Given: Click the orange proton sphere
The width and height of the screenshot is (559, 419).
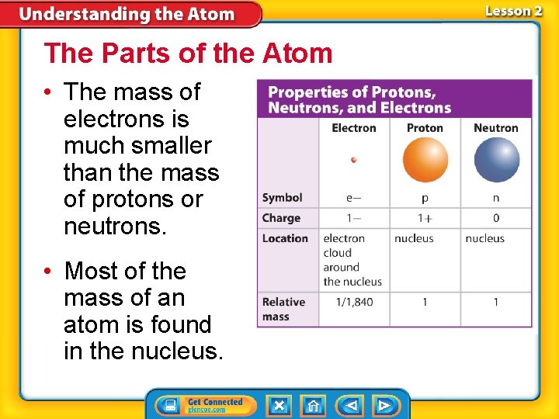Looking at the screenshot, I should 425,160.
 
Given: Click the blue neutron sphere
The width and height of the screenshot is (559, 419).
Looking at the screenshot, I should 496,160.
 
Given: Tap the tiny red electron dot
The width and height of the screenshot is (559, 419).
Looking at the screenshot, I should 354,160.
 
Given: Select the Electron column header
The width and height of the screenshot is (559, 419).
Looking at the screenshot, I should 354,128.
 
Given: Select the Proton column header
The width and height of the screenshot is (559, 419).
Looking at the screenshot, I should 425,128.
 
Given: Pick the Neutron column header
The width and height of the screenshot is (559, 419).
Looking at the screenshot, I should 496,128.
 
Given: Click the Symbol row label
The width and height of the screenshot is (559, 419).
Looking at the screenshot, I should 283,198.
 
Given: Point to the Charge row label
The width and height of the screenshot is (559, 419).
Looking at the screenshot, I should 281,218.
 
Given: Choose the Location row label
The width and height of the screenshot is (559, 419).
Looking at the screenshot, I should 285,238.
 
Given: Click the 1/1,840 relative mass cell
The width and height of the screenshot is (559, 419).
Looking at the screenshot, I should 354,302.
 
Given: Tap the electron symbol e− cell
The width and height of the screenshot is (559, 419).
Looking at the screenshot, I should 354,198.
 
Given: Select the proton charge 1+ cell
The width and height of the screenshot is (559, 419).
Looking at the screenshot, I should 425,218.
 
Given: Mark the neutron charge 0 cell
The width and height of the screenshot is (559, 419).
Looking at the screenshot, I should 496,218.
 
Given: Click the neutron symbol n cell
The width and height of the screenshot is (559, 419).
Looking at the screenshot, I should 496,198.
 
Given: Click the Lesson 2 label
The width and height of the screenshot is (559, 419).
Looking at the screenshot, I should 512,11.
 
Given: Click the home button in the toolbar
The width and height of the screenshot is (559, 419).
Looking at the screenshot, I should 313,405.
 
